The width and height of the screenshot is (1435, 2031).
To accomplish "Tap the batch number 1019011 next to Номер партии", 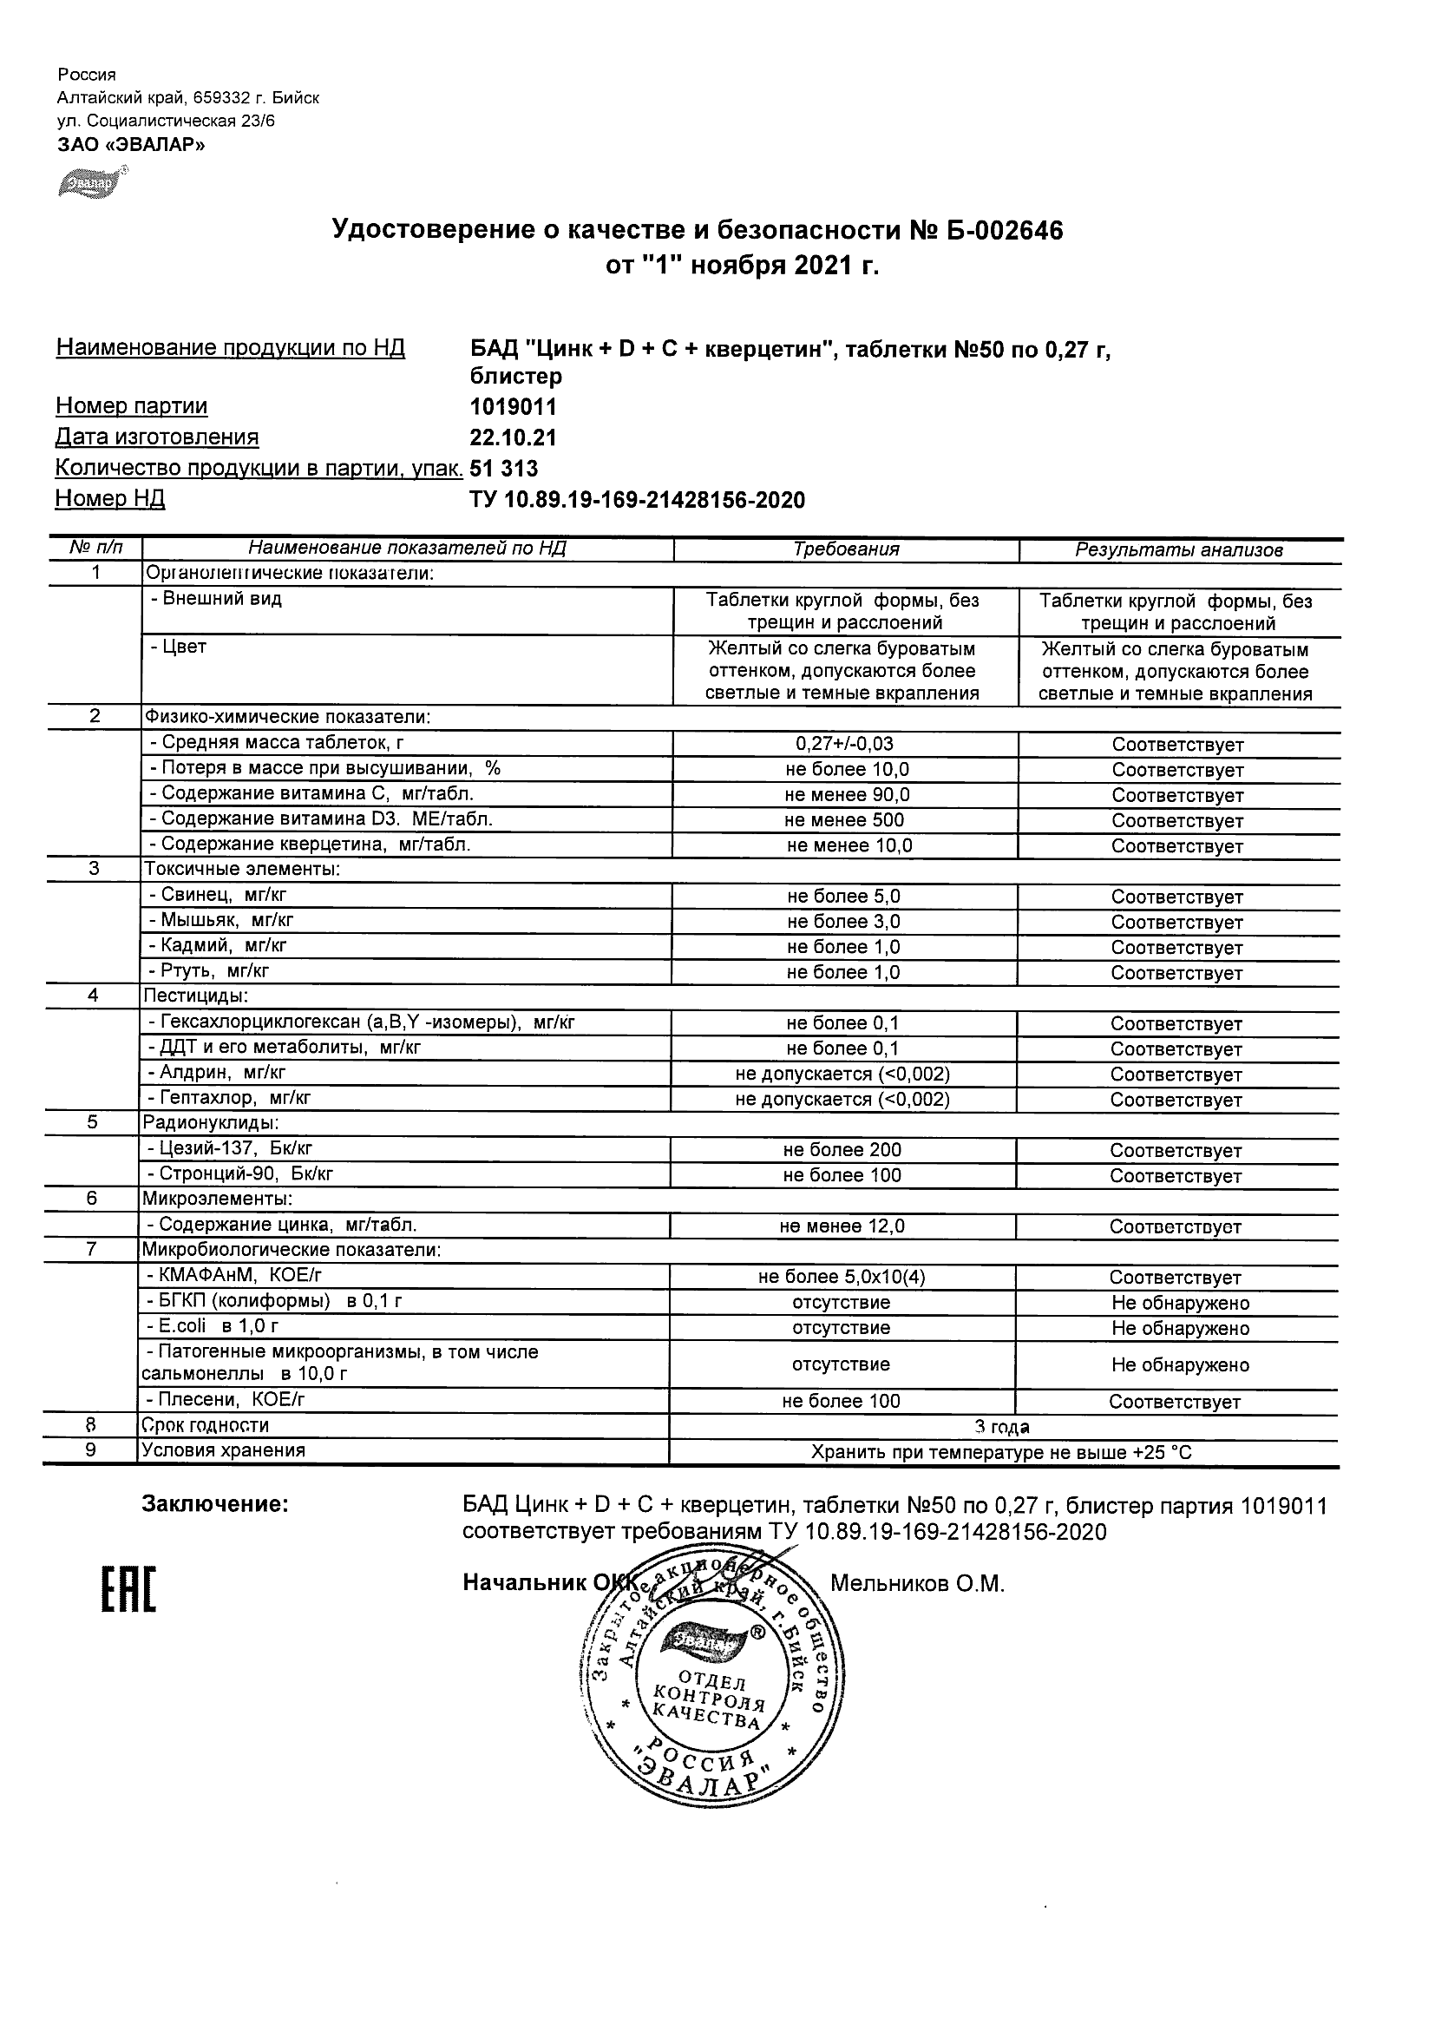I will tap(513, 407).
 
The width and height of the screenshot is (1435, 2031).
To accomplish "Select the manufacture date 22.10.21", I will tap(513, 437).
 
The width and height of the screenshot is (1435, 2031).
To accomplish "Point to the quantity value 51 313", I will tap(504, 469).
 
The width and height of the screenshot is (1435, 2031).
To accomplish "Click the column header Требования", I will tap(846, 549).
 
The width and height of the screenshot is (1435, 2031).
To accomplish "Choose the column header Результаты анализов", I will tap(1178, 550).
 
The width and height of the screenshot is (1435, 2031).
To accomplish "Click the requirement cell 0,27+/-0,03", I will tap(846, 745).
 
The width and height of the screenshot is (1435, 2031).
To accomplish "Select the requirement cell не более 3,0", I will tap(843, 922).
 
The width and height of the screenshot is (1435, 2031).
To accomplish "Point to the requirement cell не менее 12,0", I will tap(842, 1227).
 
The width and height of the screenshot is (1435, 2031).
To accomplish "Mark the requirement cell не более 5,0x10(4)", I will tap(842, 1278).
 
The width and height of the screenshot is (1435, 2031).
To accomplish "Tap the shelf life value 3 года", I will tap(1002, 1427).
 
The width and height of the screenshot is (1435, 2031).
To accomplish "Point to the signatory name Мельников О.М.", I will tap(917, 1583).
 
